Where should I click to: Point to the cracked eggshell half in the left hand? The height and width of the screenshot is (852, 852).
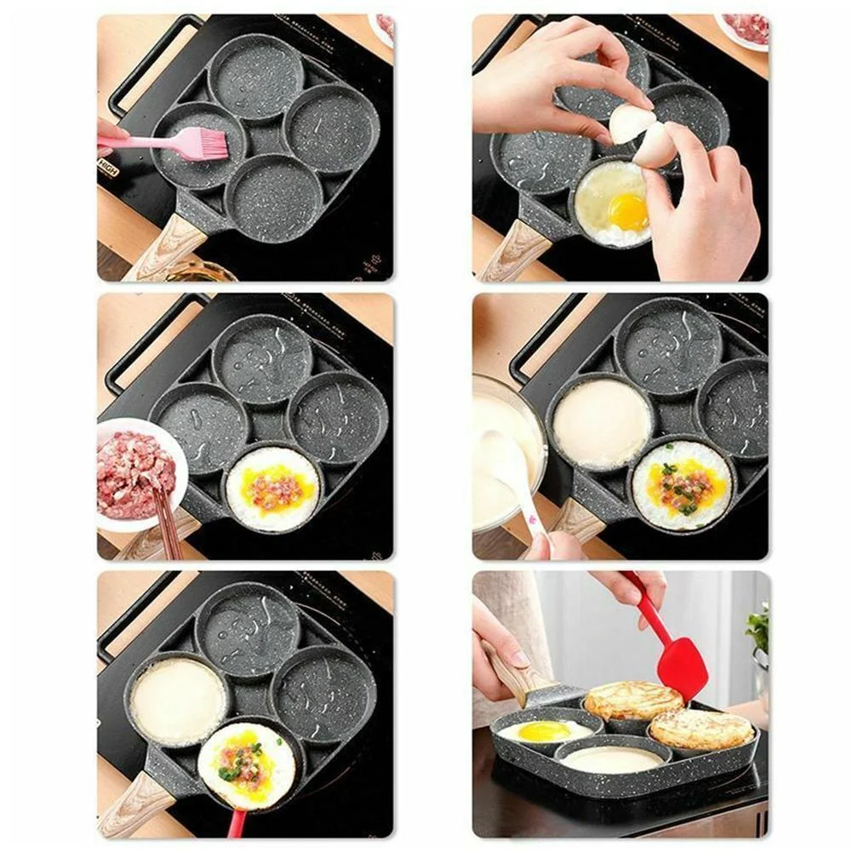(x=631, y=123)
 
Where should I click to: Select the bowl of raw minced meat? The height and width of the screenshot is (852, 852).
(x=136, y=472)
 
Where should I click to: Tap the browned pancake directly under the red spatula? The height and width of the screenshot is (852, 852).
(x=633, y=700)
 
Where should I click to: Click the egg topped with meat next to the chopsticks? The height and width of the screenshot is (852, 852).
(x=273, y=489)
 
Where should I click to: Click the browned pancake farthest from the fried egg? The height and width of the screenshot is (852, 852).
(x=701, y=729)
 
